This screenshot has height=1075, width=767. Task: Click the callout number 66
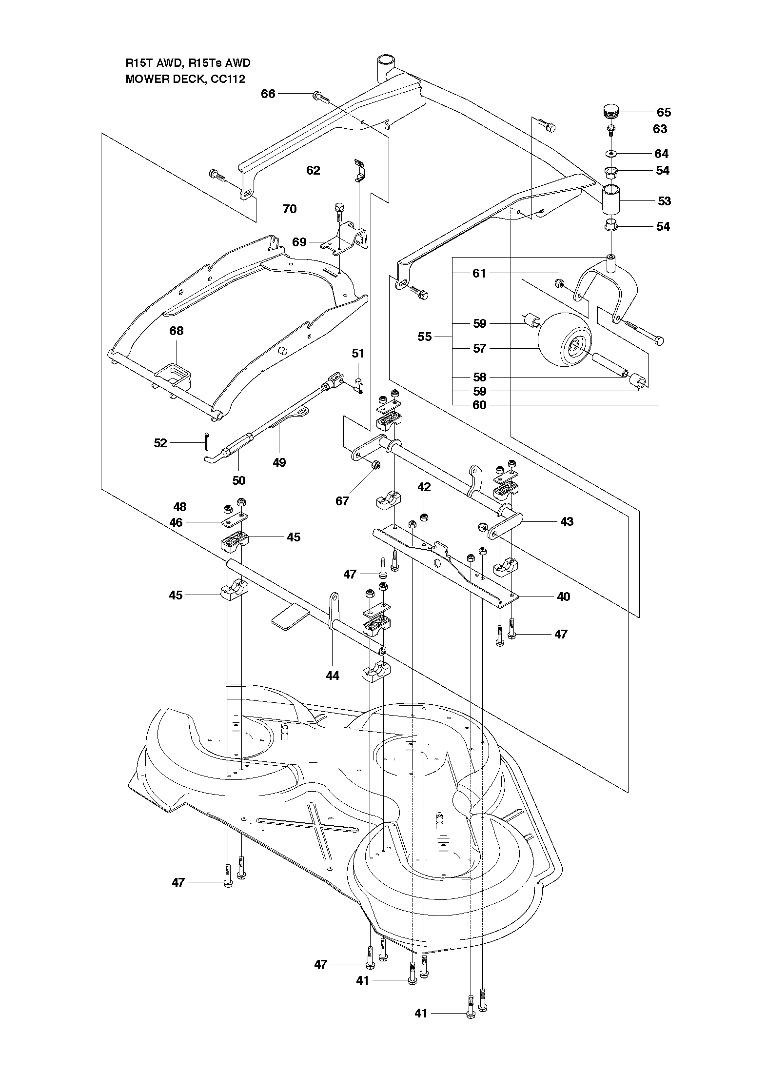268,94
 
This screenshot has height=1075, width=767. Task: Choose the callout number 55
425,337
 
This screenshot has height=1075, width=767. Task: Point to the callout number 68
177,331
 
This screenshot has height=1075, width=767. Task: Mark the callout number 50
238,480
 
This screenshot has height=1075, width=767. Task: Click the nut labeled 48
228,509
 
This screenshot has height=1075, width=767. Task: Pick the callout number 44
333,676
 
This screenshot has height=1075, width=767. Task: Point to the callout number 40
564,596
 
